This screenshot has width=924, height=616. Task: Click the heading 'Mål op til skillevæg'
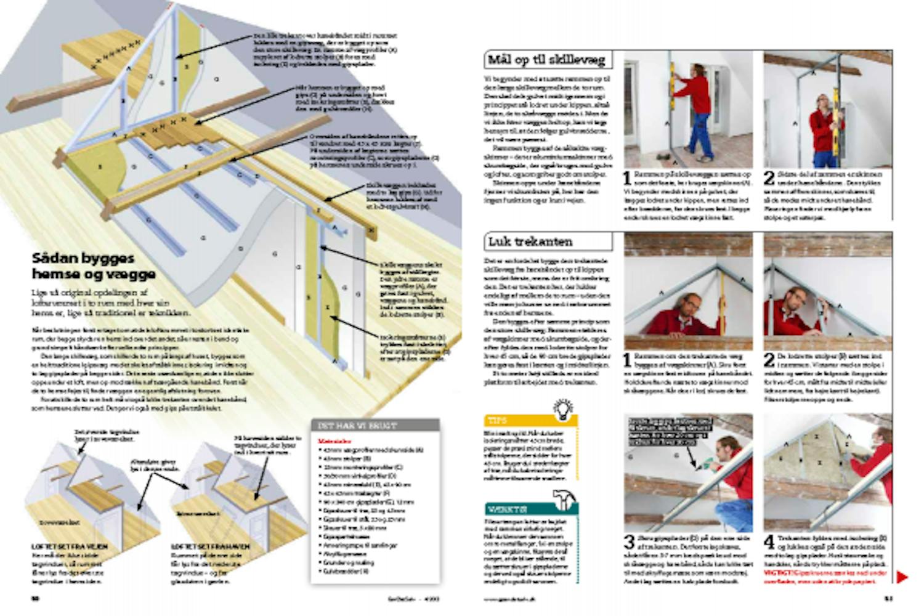click(546, 60)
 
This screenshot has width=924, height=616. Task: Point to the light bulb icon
click(563, 410)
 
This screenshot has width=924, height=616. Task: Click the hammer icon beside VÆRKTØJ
click(563, 500)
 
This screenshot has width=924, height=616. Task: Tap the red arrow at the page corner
click(902, 577)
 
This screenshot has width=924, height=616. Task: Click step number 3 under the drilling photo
click(629, 542)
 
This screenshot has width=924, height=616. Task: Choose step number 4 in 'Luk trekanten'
click(769, 542)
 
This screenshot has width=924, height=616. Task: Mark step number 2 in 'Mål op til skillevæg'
click(769, 178)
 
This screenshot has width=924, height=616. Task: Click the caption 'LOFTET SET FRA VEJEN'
click(70, 546)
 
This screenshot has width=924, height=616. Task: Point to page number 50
click(36, 598)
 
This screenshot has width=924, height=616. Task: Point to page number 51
click(888, 598)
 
